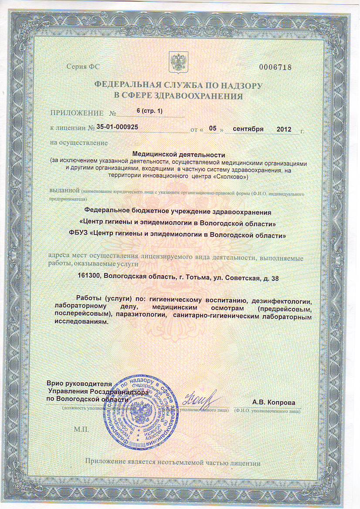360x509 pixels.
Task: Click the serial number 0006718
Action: coord(275,67)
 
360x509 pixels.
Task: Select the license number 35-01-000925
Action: coord(118,128)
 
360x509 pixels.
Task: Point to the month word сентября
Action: coord(248,129)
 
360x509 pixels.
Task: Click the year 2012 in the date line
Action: coord(284,129)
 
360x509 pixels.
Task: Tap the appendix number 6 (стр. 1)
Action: coord(149,111)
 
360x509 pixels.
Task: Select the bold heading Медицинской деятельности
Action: coord(178,154)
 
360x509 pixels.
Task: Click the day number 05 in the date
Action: coord(213,128)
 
